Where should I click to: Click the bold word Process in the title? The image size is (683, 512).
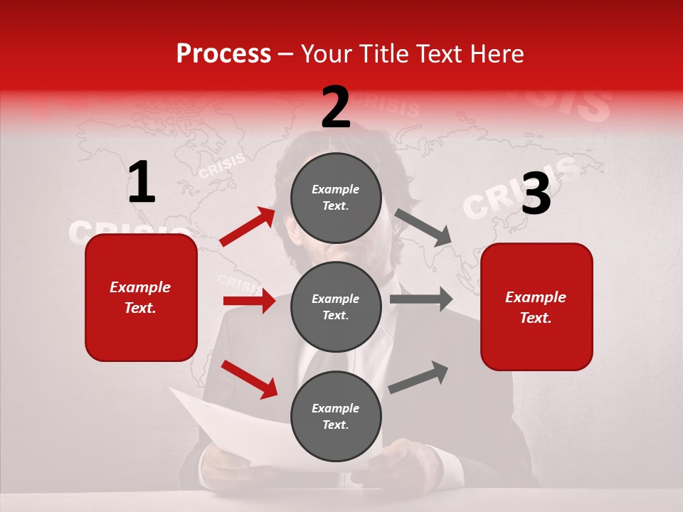point(223,54)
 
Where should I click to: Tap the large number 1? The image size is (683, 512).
point(142,183)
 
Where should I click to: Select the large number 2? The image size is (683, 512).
point(336,107)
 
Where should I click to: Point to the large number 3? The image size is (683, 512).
point(536,194)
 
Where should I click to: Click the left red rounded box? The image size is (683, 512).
point(141,297)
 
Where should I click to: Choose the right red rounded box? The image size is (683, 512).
point(536,307)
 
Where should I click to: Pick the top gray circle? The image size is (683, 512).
point(336,198)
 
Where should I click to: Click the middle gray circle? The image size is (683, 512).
point(336,307)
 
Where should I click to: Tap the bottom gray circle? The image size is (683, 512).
point(336,417)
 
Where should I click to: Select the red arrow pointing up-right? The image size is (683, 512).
point(248,227)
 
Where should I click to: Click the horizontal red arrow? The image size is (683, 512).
point(249,301)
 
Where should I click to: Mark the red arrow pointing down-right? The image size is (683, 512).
point(249,379)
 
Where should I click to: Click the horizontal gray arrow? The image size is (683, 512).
point(420,299)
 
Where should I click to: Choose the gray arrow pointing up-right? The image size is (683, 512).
point(418,378)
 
